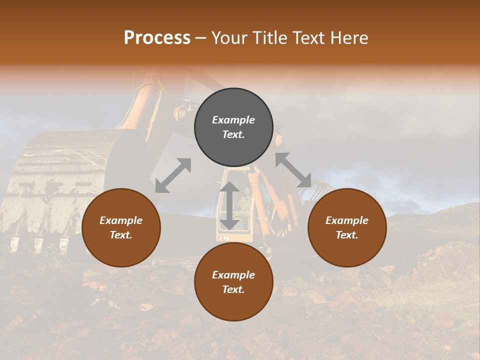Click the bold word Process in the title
157,38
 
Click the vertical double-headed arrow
229,205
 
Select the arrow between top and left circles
173,175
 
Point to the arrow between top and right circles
293,170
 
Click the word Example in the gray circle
233,120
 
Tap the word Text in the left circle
121,235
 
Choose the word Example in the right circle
347,220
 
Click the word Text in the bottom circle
233,289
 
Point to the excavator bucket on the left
65,185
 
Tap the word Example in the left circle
121,220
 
